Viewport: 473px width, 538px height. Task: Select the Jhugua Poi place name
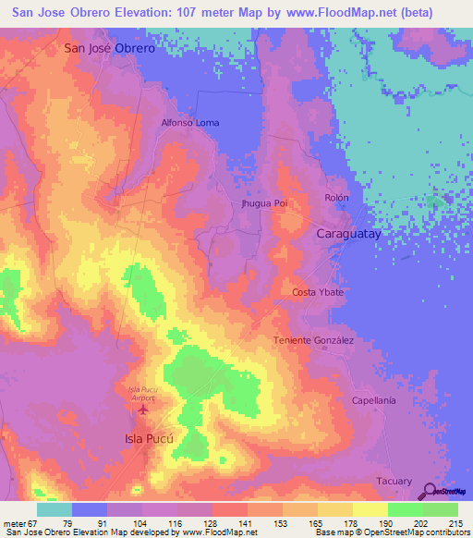[x=264, y=203]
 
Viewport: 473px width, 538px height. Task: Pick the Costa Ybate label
[x=318, y=292]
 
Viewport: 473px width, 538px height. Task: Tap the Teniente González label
[x=313, y=340]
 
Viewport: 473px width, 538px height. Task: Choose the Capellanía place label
[x=373, y=400]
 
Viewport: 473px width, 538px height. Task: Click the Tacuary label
[x=394, y=481]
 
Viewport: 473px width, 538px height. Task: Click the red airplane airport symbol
[x=142, y=408]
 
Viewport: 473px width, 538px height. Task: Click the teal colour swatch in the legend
[x=55, y=509]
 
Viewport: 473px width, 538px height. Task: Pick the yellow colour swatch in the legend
[x=370, y=509]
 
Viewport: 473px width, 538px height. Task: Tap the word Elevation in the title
[x=160, y=11]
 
